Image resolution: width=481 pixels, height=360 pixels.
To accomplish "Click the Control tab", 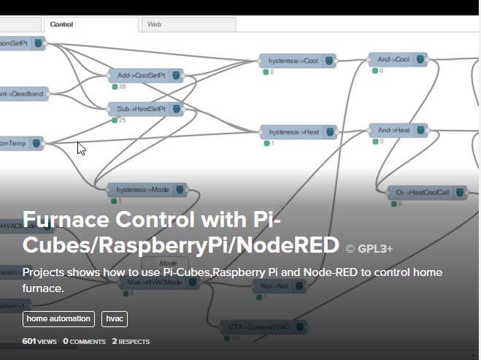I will tap(61, 25).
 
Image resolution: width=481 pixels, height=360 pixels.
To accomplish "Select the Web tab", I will tap(155, 25).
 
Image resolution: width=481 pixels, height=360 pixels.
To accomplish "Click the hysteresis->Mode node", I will tap(147, 190).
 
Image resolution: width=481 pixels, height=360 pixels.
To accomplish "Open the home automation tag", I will tap(58, 319).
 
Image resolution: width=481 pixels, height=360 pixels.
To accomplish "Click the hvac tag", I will tap(115, 319).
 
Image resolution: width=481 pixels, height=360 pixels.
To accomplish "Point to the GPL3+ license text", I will tap(369, 248).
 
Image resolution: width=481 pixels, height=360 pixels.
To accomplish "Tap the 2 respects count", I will tap(131, 341).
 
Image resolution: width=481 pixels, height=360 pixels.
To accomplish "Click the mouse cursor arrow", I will tap(81, 148).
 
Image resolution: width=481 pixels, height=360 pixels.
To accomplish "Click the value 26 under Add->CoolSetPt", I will tap(122, 86).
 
